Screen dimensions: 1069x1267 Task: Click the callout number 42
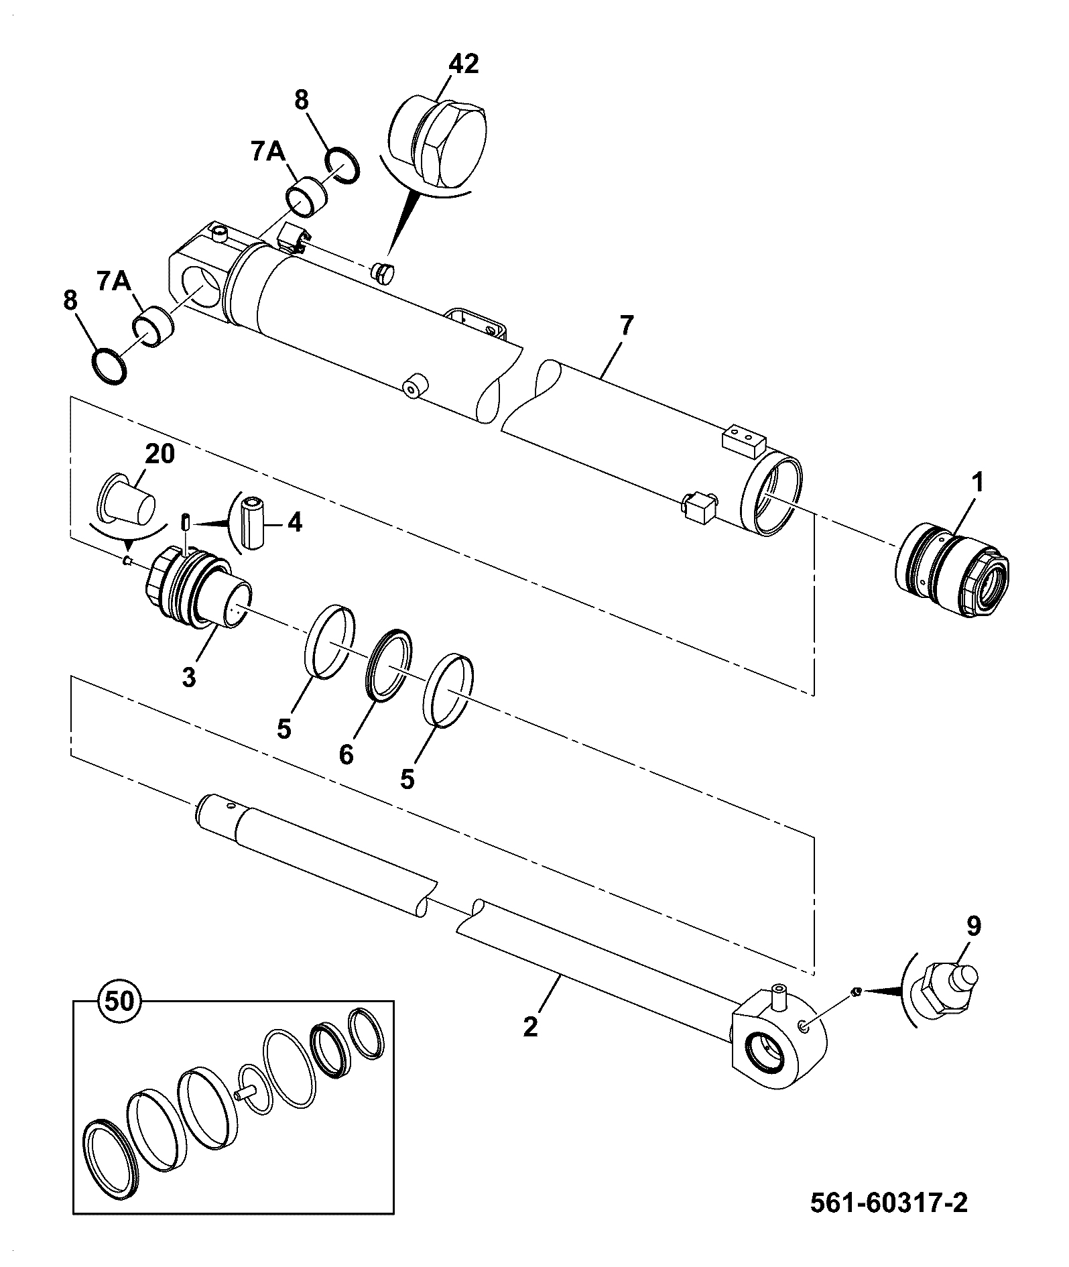pos(464,64)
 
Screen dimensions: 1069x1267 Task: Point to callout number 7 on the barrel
pos(625,325)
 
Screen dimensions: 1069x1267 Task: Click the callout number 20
pos(160,454)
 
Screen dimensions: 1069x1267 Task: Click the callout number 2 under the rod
pos(530,1026)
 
